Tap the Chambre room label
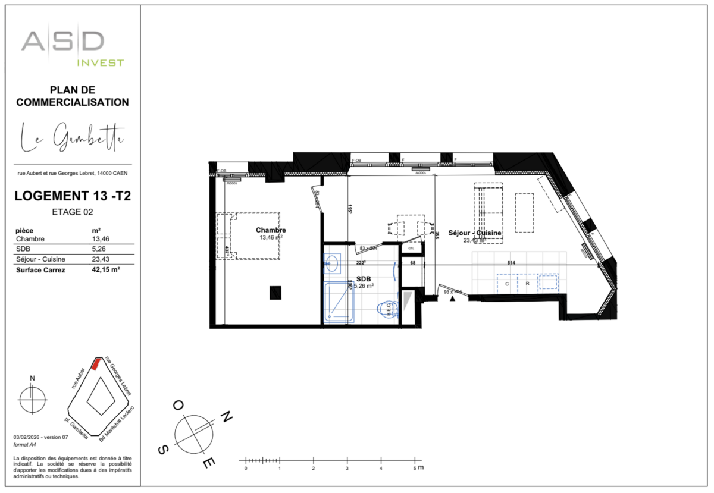[271, 230]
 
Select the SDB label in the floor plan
[363, 278]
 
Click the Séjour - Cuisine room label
[474, 233]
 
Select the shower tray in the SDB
[339, 302]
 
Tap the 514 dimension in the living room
[510, 262]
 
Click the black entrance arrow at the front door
[453, 299]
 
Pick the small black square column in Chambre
[275, 292]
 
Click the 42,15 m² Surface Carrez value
[106, 270]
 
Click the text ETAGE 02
[73, 211]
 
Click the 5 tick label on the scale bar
[415, 469]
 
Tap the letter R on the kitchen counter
[527, 284]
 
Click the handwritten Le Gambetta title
[73, 137]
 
